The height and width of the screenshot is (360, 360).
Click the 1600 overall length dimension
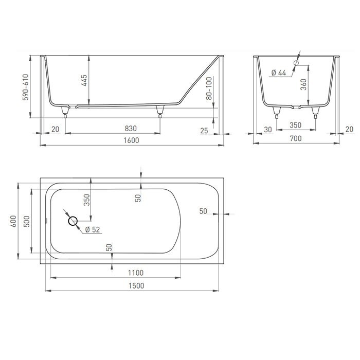click(132, 139)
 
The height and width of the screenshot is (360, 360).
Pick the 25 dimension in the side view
click(204, 131)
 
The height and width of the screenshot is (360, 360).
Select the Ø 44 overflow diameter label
click(278, 73)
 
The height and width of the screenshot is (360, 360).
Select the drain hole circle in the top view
click(73, 221)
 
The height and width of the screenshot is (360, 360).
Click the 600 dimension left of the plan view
click(12, 221)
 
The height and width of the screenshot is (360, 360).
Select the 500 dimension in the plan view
click(26, 221)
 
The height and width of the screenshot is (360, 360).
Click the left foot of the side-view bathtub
click(65, 110)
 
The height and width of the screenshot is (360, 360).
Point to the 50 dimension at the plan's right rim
click(203, 211)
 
